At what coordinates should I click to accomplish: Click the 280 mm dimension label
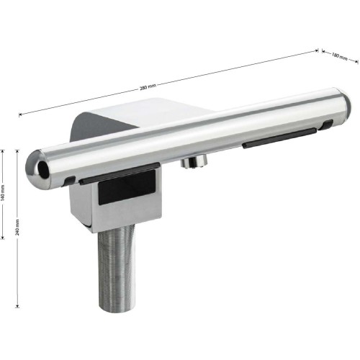[148, 87]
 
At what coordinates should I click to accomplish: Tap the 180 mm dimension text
[340, 56]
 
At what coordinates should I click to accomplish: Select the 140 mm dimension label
[3, 193]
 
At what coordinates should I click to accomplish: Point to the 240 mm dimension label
[17, 227]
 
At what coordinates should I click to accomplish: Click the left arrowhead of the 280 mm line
[20, 114]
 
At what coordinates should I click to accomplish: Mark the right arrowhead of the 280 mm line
[317, 51]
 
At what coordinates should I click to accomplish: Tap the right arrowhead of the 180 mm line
[356, 61]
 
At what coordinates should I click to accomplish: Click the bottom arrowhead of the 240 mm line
[17, 306]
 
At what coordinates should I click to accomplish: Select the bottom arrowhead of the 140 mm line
[3, 238]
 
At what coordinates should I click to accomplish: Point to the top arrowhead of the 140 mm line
[3, 151]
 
